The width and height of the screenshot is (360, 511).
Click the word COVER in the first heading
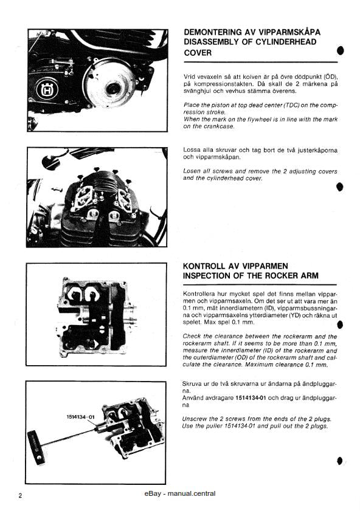[x=198, y=53]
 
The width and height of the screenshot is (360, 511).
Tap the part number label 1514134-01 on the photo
[x=80, y=417]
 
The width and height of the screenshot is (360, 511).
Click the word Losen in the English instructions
[x=193, y=171]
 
